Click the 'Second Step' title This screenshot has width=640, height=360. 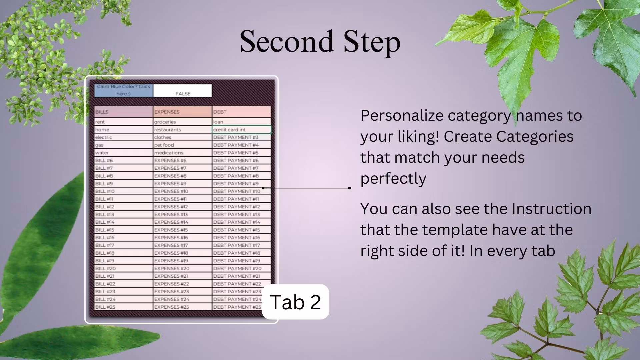pos(320,42)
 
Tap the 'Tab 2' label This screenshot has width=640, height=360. pos(295,302)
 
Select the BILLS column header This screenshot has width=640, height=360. pos(124,112)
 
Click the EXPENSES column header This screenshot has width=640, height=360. pos(183,112)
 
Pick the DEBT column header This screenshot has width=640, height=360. pos(242,112)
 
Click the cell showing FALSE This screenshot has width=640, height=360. pos(183,91)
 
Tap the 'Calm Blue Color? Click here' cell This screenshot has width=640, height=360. pos(124,90)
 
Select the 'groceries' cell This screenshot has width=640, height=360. pos(183,122)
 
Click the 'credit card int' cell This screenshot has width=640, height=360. pos(242,130)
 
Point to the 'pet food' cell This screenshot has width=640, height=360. pos(183,145)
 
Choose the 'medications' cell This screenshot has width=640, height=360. pos(183,153)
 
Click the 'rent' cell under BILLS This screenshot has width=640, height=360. pos(124,122)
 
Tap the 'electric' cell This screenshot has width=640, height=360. pos(124,137)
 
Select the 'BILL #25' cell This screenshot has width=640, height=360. pos(124,307)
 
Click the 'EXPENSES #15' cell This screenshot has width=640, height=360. pos(183,230)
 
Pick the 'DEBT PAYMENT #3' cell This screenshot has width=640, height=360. pos(242,137)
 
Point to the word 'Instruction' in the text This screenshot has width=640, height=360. pos(552,209)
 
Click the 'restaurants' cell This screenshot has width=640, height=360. pos(183,130)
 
